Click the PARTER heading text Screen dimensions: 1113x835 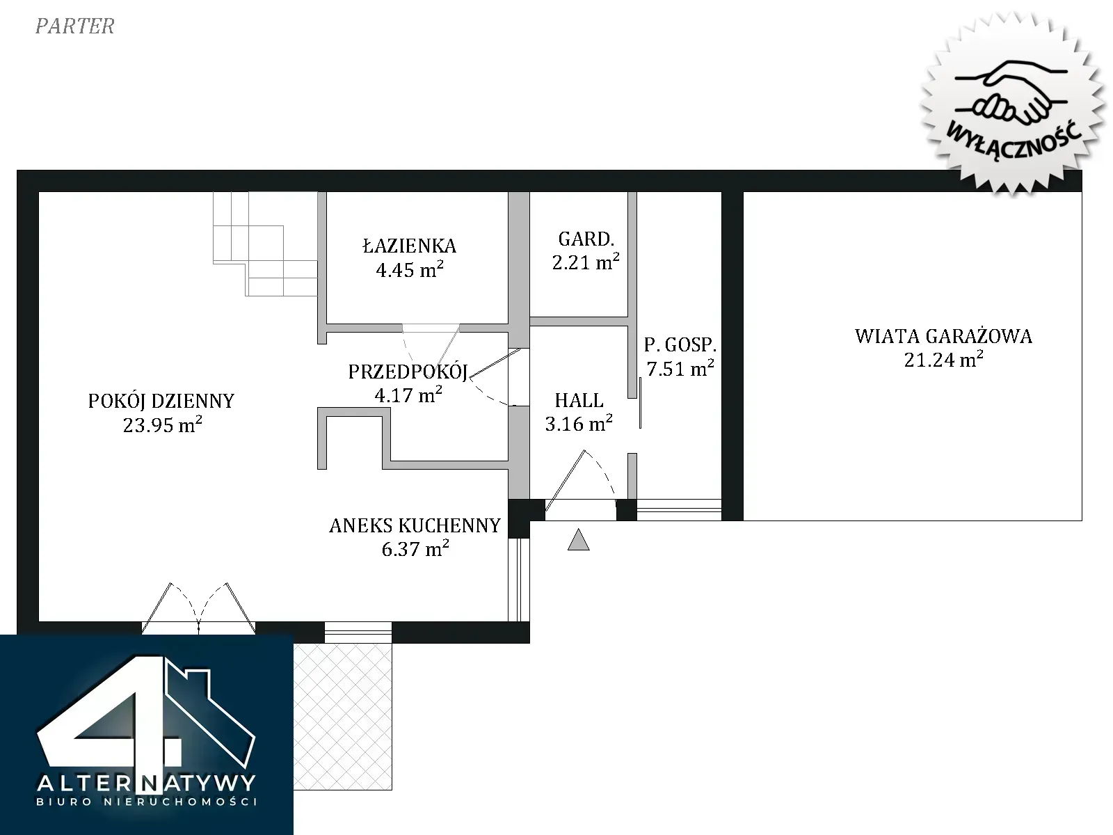click(75, 26)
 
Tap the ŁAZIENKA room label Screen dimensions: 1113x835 click(409, 246)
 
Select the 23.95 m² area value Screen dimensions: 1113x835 click(162, 424)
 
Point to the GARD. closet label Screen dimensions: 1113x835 click(586, 239)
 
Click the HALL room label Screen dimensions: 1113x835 click(579, 401)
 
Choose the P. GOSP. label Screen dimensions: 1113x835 click(680, 344)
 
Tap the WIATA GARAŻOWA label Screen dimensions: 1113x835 click(943, 336)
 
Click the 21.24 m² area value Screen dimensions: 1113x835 click(944, 360)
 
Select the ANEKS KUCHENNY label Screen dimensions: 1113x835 click(415, 526)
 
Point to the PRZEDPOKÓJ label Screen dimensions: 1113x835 click(408, 372)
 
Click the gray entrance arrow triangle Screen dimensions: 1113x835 click(579, 540)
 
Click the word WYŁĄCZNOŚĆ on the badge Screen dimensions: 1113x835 click(1014, 139)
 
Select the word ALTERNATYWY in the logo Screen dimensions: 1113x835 click(146, 784)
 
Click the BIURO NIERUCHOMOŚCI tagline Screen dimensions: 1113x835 click(147, 802)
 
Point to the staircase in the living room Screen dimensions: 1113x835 click(265, 244)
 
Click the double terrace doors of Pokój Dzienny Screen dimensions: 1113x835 click(198, 608)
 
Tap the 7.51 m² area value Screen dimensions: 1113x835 click(680, 368)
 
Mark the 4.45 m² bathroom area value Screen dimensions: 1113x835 click(409, 269)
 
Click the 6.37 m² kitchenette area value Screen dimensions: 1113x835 click(415, 549)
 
